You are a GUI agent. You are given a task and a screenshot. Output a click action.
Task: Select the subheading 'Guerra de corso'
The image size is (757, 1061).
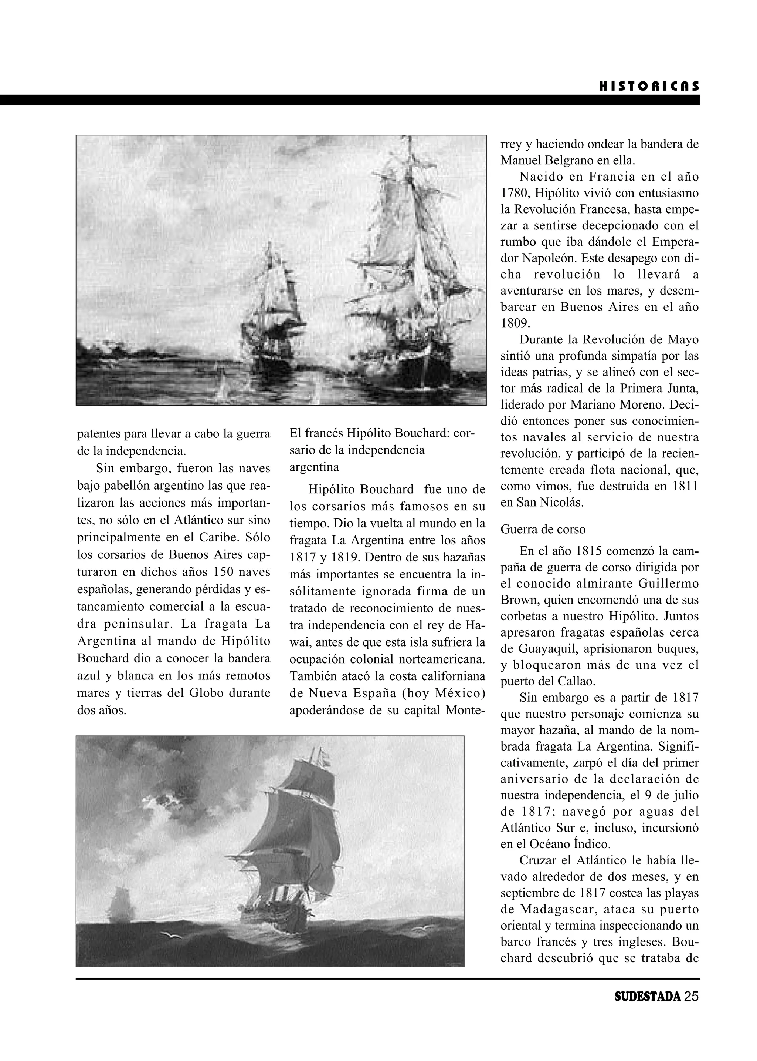[543, 530]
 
